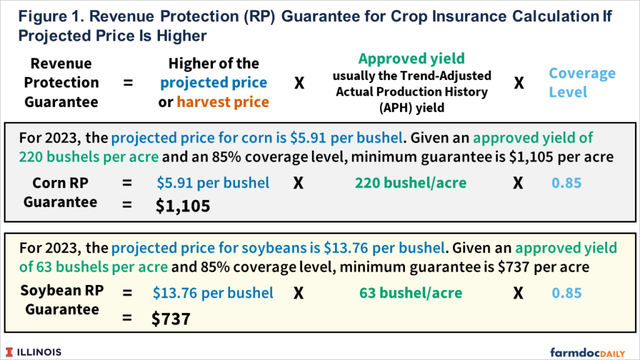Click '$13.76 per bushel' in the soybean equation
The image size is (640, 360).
[213, 292]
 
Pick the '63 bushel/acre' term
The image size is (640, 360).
[411, 292]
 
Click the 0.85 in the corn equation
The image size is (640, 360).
[566, 183]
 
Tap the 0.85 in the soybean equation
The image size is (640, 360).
[566, 292]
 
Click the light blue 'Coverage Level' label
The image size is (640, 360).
[573, 82]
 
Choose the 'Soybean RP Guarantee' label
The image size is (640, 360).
[60, 300]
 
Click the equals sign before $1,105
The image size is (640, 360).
[127, 205]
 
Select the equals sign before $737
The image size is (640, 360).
[127, 319]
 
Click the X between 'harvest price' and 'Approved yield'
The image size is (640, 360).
[299, 83]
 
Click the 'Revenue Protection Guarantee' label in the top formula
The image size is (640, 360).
[61, 82]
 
